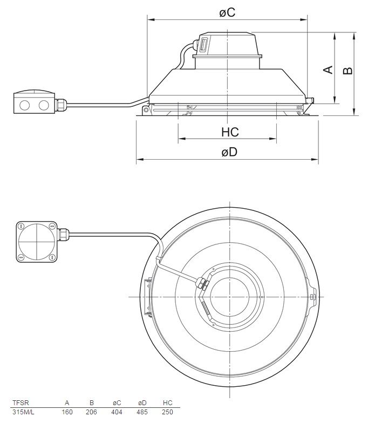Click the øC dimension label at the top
tap(227, 12)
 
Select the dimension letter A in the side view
tap(327, 70)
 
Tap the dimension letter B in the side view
tap(348, 70)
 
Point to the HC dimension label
tap(229, 132)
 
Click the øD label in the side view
tap(229, 152)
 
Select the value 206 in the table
tap(92, 412)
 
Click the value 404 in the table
tap(117, 412)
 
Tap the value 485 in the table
tap(142, 412)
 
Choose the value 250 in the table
tap(167, 412)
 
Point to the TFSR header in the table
tap(20, 402)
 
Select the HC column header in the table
tap(167, 402)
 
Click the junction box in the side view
tap(34, 103)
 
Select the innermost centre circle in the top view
tap(229, 297)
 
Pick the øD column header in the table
tap(142, 402)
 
